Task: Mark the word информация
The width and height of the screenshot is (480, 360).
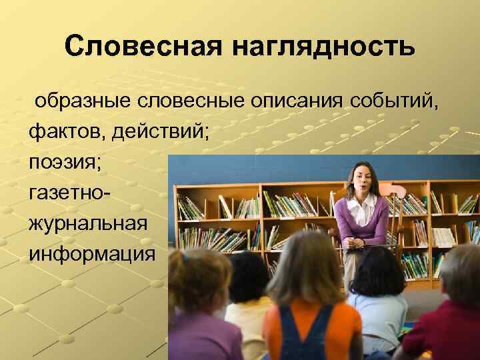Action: pyautogui.click(x=89, y=254)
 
